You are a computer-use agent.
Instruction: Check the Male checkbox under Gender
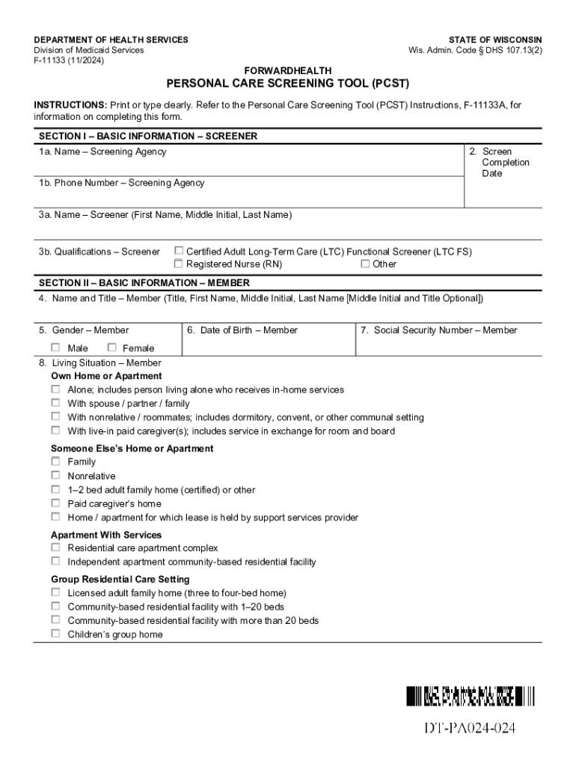tap(56, 348)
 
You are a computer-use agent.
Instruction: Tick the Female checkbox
tap(112, 348)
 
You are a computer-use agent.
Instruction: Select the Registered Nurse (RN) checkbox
tap(179, 264)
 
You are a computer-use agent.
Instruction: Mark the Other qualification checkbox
tap(365, 264)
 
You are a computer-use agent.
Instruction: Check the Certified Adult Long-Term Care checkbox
tap(179, 252)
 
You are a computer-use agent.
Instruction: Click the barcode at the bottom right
tap(471, 697)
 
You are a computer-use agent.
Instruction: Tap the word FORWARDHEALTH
tap(288, 70)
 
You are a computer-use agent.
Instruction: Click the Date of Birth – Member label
tap(242, 330)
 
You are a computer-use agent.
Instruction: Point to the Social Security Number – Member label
tap(445, 330)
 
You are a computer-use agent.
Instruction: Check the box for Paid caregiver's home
tap(56, 503)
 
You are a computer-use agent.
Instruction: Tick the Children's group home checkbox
tap(56, 634)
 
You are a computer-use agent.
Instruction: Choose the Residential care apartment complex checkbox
tap(56, 548)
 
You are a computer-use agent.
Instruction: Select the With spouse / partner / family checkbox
tap(56, 403)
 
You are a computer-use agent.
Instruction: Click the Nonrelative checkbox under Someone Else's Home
tap(56, 476)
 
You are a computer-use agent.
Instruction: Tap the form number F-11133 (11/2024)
tap(69, 61)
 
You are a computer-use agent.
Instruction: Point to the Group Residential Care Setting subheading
tap(120, 579)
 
